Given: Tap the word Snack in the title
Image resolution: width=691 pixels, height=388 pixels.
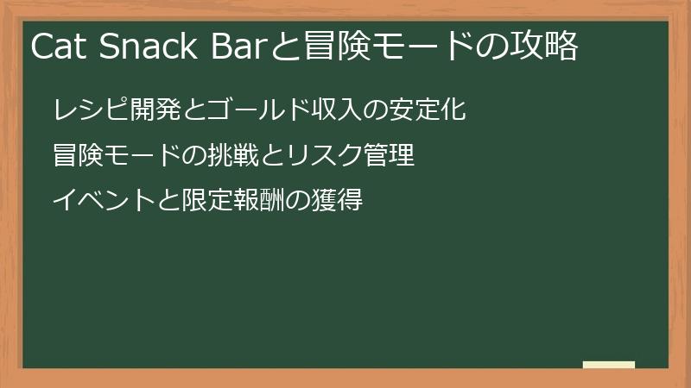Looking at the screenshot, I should pyautogui.click(x=148, y=47).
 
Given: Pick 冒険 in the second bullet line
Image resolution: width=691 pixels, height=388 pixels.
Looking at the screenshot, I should pyautogui.click(x=78, y=156).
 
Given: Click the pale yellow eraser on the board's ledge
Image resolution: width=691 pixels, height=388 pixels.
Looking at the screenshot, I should pyautogui.click(x=609, y=366).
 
